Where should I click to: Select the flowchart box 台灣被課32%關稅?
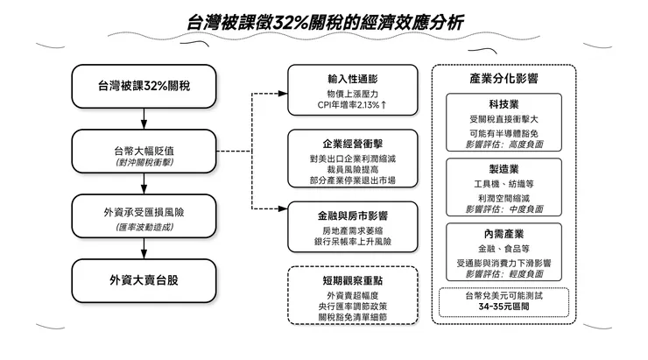(144, 86)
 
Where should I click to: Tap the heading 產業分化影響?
(504, 79)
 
